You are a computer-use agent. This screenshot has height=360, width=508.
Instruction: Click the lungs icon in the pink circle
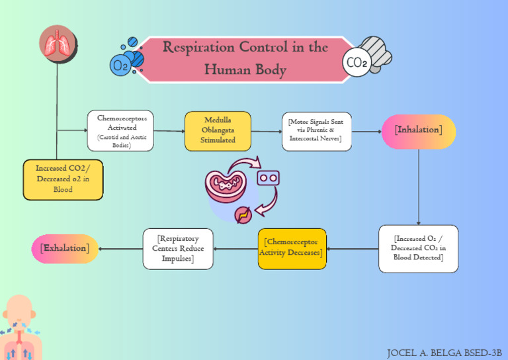click(x=58, y=44)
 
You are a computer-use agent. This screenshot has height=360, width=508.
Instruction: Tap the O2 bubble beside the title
click(x=121, y=65)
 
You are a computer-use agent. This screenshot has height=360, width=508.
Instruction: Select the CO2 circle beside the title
click(x=357, y=64)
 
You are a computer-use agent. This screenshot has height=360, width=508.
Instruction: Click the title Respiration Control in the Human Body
click(x=245, y=58)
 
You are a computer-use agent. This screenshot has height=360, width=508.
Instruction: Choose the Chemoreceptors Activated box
click(x=120, y=130)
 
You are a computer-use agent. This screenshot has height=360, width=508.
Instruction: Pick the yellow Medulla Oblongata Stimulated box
click(x=218, y=131)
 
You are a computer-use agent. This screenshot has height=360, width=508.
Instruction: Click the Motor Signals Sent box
click(x=316, y=131)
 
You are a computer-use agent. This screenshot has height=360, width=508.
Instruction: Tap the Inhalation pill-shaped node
click(x=418, y=131)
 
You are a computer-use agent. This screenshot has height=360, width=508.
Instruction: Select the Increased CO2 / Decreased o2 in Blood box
click(x=63, y=179)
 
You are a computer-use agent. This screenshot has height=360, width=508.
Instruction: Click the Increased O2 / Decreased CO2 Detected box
click(x=418, y=248)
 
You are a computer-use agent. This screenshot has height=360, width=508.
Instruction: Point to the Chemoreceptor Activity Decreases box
click(x=292, y=248)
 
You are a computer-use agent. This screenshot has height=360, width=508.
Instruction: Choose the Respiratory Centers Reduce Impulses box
click(x=178, y=248)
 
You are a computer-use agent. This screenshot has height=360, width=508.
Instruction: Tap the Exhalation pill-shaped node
click(x=65, y=248)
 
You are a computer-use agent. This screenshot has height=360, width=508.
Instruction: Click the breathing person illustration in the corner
click(x=22, y=328)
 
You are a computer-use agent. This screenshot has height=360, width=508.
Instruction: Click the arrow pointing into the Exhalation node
click(x=120, y=249)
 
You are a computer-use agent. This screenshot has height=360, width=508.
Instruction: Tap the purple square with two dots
click(x=268, y=177)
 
